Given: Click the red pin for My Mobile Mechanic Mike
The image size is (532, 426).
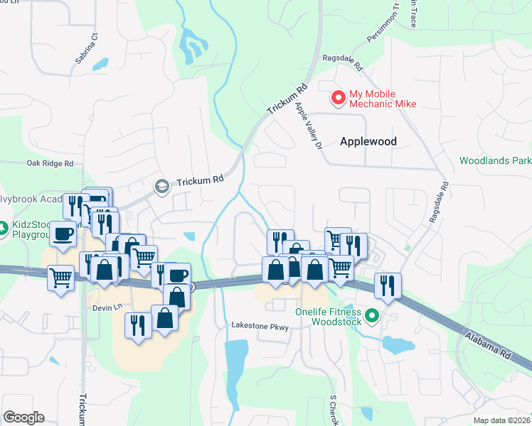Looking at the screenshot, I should coord(339,97).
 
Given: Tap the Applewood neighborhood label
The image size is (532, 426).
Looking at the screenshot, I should coord(368,141).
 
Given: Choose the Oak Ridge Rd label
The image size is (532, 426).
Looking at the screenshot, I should coord(50,163).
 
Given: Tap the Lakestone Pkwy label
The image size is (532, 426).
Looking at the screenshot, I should coord(260,326).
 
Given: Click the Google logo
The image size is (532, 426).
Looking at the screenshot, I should coord(23,417).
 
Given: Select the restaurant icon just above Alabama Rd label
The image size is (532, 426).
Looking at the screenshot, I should coord(388,284).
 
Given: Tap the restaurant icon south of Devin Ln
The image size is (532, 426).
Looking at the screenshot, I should coord(137,324).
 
